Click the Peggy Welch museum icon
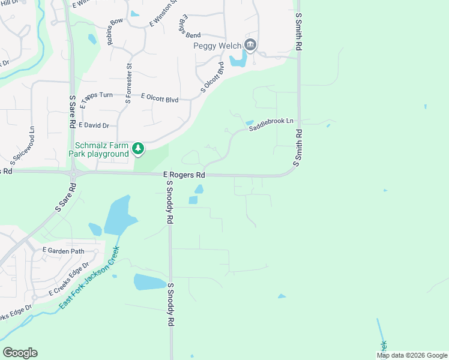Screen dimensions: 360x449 [251, 45]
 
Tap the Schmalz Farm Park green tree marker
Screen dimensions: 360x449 [138, 148]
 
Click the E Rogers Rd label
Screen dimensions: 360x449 [184, 175]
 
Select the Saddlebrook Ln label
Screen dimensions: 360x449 [271, 124]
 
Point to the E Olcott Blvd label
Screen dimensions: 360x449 [160, 97]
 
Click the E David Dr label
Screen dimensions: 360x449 [94, 125]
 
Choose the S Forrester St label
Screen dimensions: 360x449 [128, 83]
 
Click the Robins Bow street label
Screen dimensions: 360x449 [114, 31]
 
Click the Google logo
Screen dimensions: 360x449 [20, 353]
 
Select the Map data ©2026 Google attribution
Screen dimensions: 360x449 [412, 355]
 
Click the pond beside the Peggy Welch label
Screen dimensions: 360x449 [238, 58]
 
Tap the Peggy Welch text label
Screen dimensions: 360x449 [217, 46]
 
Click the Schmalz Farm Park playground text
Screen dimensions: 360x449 [102, 149]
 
